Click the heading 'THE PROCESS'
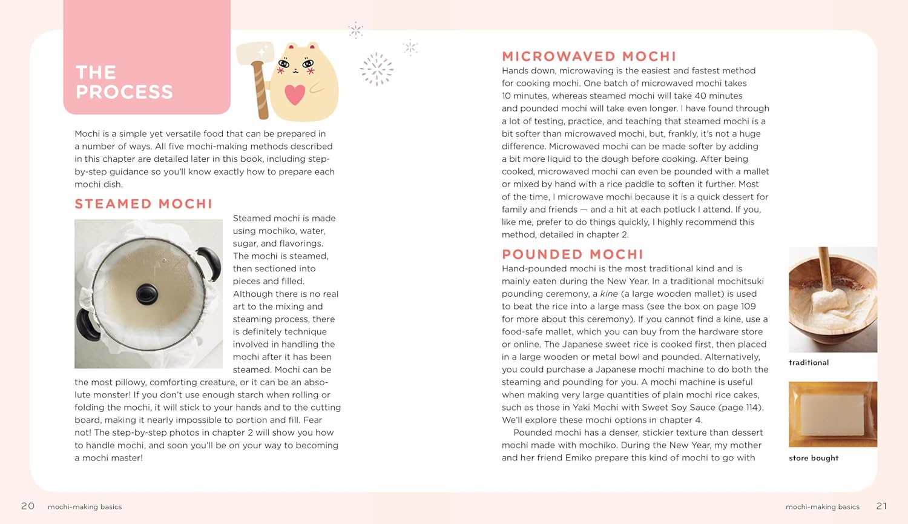[124, 82]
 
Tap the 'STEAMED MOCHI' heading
[143, 204]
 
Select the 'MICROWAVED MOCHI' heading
[588, 57]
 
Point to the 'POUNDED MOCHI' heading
[572, 254]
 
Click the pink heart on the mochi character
[295, 95]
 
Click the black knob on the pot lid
[147, 294]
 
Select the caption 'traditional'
[809, 363]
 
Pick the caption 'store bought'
[814, 459]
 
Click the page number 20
[28, 506]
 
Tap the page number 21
[881, 506]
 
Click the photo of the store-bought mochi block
[832, 414]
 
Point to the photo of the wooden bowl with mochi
[832, 299]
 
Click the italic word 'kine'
[608, 294]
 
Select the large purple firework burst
[377, 68]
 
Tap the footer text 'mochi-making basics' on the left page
[85, 507]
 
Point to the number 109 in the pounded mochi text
[748, 307]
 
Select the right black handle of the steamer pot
[211, 263]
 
